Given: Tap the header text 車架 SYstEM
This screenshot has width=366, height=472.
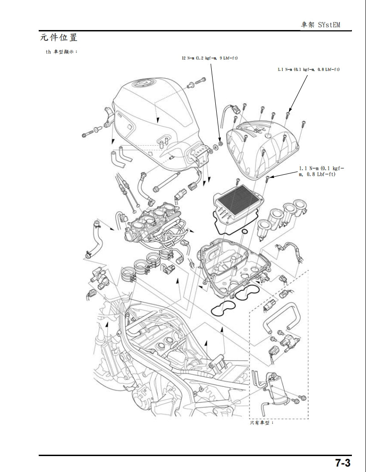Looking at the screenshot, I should pyautogui.click(x=320, y=25).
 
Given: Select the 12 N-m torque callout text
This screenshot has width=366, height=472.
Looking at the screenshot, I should pyautogui.click(x=210, y=58).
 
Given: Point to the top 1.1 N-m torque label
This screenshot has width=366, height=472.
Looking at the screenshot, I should pyautogui.click(x=308, y=69).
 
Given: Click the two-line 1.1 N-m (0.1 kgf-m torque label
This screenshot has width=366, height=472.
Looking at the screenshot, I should pyautogui.click(x=321, y=171).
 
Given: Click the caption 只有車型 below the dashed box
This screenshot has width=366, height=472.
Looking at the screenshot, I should pyautogui.click(x=262, y=423).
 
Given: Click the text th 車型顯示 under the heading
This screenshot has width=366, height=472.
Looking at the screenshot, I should pyautogui.click(x=62, y=52).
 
